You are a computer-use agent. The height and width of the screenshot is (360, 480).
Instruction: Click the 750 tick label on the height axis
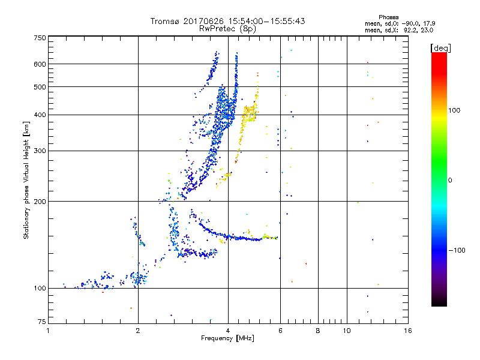40,38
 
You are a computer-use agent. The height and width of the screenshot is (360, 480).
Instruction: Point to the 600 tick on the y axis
40,64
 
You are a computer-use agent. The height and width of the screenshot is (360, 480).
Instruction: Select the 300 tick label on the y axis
40,151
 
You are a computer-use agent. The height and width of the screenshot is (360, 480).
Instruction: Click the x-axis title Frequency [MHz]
228,338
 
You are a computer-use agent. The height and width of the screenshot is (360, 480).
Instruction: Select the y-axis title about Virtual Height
26,180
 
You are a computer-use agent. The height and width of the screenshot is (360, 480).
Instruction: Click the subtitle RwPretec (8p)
228,28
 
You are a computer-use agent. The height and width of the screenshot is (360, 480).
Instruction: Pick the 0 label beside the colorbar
450,179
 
